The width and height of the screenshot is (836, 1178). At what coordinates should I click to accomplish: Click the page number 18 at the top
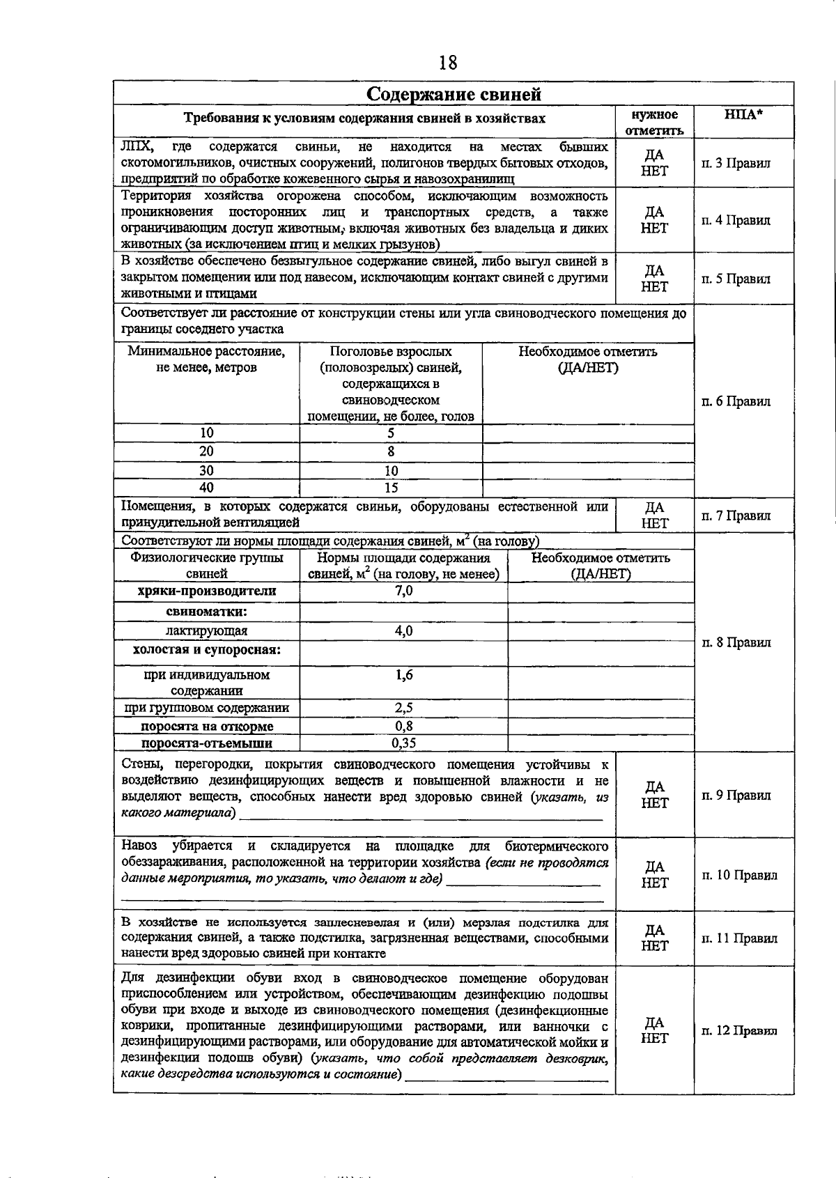[x=448, y=63]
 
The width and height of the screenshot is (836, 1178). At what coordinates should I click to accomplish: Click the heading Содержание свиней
[x=454, y=94]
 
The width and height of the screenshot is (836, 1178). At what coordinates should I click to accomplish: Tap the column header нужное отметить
[x=654, y=122]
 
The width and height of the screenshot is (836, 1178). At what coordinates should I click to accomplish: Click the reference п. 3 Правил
[x=736, y=164]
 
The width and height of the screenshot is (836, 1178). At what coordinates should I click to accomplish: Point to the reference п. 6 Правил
[x=736, y=401]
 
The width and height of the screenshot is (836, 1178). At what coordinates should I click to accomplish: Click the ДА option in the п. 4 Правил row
[x=654, y=212]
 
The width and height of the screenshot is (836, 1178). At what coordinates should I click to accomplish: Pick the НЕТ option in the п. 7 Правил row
[x=654, y=524]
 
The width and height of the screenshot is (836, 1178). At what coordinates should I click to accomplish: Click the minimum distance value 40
[x=206, y=488]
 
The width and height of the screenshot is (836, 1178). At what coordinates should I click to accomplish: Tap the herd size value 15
[x=391, y=488]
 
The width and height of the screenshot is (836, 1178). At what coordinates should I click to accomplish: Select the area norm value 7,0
[x=403, y=591]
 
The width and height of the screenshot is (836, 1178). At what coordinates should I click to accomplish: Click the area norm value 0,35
[x=403, y=743]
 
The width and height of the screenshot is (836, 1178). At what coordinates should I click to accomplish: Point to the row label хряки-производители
[x=207, y=591]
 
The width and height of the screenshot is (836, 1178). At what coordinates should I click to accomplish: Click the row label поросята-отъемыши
[x=207, y=743]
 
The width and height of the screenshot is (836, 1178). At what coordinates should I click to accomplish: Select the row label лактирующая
[x=207, y=630]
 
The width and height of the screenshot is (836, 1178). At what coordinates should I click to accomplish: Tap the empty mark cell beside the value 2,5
[x=601, y=708]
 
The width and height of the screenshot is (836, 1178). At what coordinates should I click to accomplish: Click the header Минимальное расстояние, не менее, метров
[x=206, y=359]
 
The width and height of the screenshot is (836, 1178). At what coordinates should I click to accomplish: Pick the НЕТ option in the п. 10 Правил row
[x=654, y=883]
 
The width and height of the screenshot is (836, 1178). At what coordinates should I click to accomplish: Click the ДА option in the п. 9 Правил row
[x=654, y=787]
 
